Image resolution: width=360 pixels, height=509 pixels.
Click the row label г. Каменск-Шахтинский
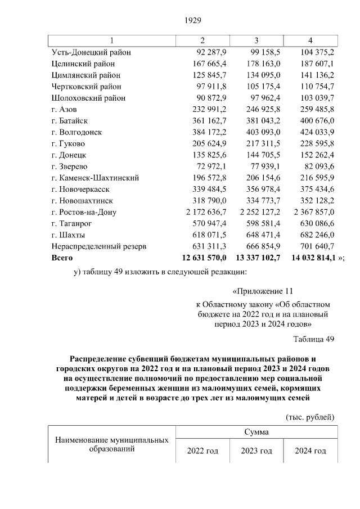(x=95, y=178)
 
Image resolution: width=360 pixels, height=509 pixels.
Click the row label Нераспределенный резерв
(x=99, y=246)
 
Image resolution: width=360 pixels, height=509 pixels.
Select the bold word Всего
(x=62, y=257)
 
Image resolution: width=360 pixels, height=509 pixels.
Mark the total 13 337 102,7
(x=256, y=257)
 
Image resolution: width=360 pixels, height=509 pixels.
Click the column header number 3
(x=256, y=40)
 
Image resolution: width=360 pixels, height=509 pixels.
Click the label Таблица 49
(x=314, y=339)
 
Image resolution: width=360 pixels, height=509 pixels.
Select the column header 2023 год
(x=256, y=451)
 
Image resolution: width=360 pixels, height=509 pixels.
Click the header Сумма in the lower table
(x=256, y=432)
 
